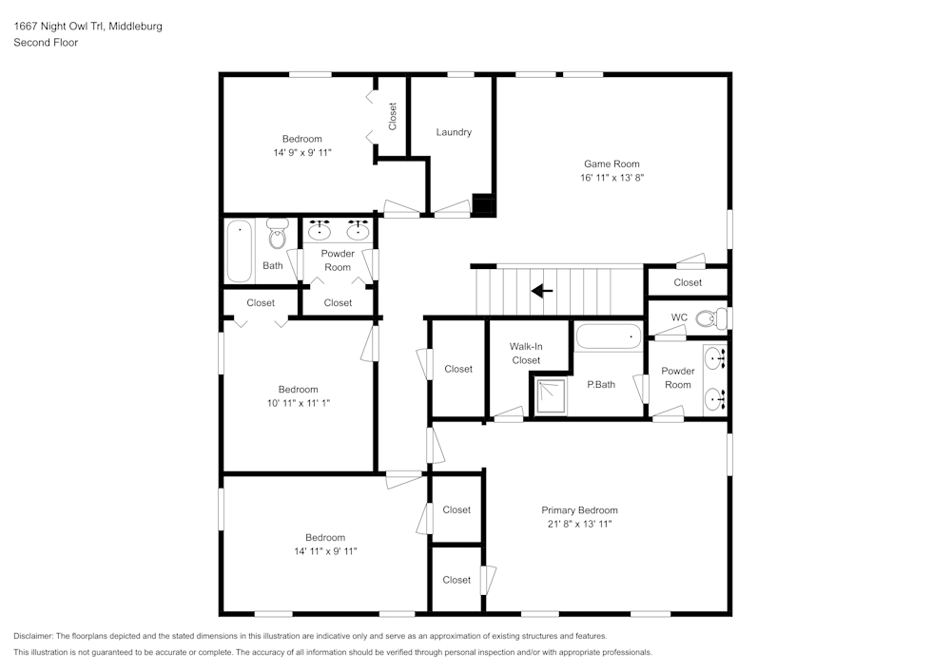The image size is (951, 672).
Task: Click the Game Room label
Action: point(611,163)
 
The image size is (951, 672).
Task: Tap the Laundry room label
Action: point(454,132)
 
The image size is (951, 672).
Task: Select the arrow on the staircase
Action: point(543,290)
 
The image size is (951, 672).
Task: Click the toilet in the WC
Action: point(711,318)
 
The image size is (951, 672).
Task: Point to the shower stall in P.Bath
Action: point(551,396)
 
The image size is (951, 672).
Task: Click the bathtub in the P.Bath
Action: point(610,337)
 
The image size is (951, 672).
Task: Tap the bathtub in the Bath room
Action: point(239,251)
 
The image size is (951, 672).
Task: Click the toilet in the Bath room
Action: point(278,233)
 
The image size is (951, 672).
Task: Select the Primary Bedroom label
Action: point(579,510)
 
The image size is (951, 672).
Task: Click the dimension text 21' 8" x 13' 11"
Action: point(579,524)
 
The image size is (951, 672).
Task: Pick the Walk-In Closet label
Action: point(526,354)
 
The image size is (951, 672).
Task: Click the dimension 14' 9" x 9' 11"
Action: point(301,152)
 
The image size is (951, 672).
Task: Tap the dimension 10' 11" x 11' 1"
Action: point(298,403)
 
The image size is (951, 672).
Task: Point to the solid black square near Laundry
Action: point(484,204)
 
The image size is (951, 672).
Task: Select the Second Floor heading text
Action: point(46,43)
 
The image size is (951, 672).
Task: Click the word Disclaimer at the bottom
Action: point(34,636)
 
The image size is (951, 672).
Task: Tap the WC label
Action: point(679,317)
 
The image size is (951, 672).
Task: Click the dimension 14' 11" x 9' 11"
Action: point(325,551)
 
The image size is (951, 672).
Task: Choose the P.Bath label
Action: point(601,385)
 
